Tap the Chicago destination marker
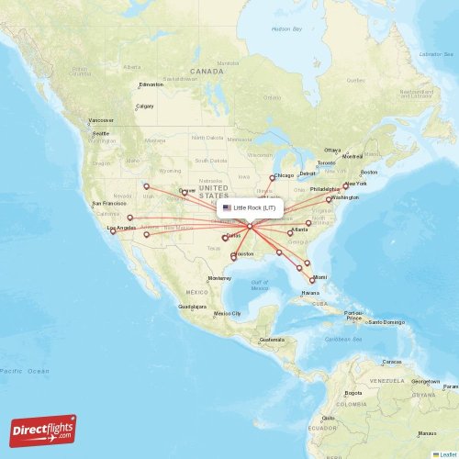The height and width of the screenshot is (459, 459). point(272,178)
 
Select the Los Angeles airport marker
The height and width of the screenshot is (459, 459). point(114,231)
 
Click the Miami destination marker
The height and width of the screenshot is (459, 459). point(312,280)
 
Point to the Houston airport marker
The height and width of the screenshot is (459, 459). point(234,258)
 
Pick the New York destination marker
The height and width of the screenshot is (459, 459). point(345,186)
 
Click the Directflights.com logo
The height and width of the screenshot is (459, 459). point(43,429)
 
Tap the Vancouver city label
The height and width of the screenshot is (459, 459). point(101,120)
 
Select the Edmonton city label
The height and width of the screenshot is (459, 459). point(151,84)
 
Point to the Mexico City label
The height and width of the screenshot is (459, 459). point(227,314)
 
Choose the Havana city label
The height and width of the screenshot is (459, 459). point(310,293)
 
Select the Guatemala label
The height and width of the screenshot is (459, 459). point(272,340)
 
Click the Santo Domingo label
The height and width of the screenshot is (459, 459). point(386,321)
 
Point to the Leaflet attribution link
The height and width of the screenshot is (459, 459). point(445,453)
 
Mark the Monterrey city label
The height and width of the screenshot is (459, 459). point(220,278)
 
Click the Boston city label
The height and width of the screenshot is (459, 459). point(369,173)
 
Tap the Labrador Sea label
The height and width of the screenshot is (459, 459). point(437,54)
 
